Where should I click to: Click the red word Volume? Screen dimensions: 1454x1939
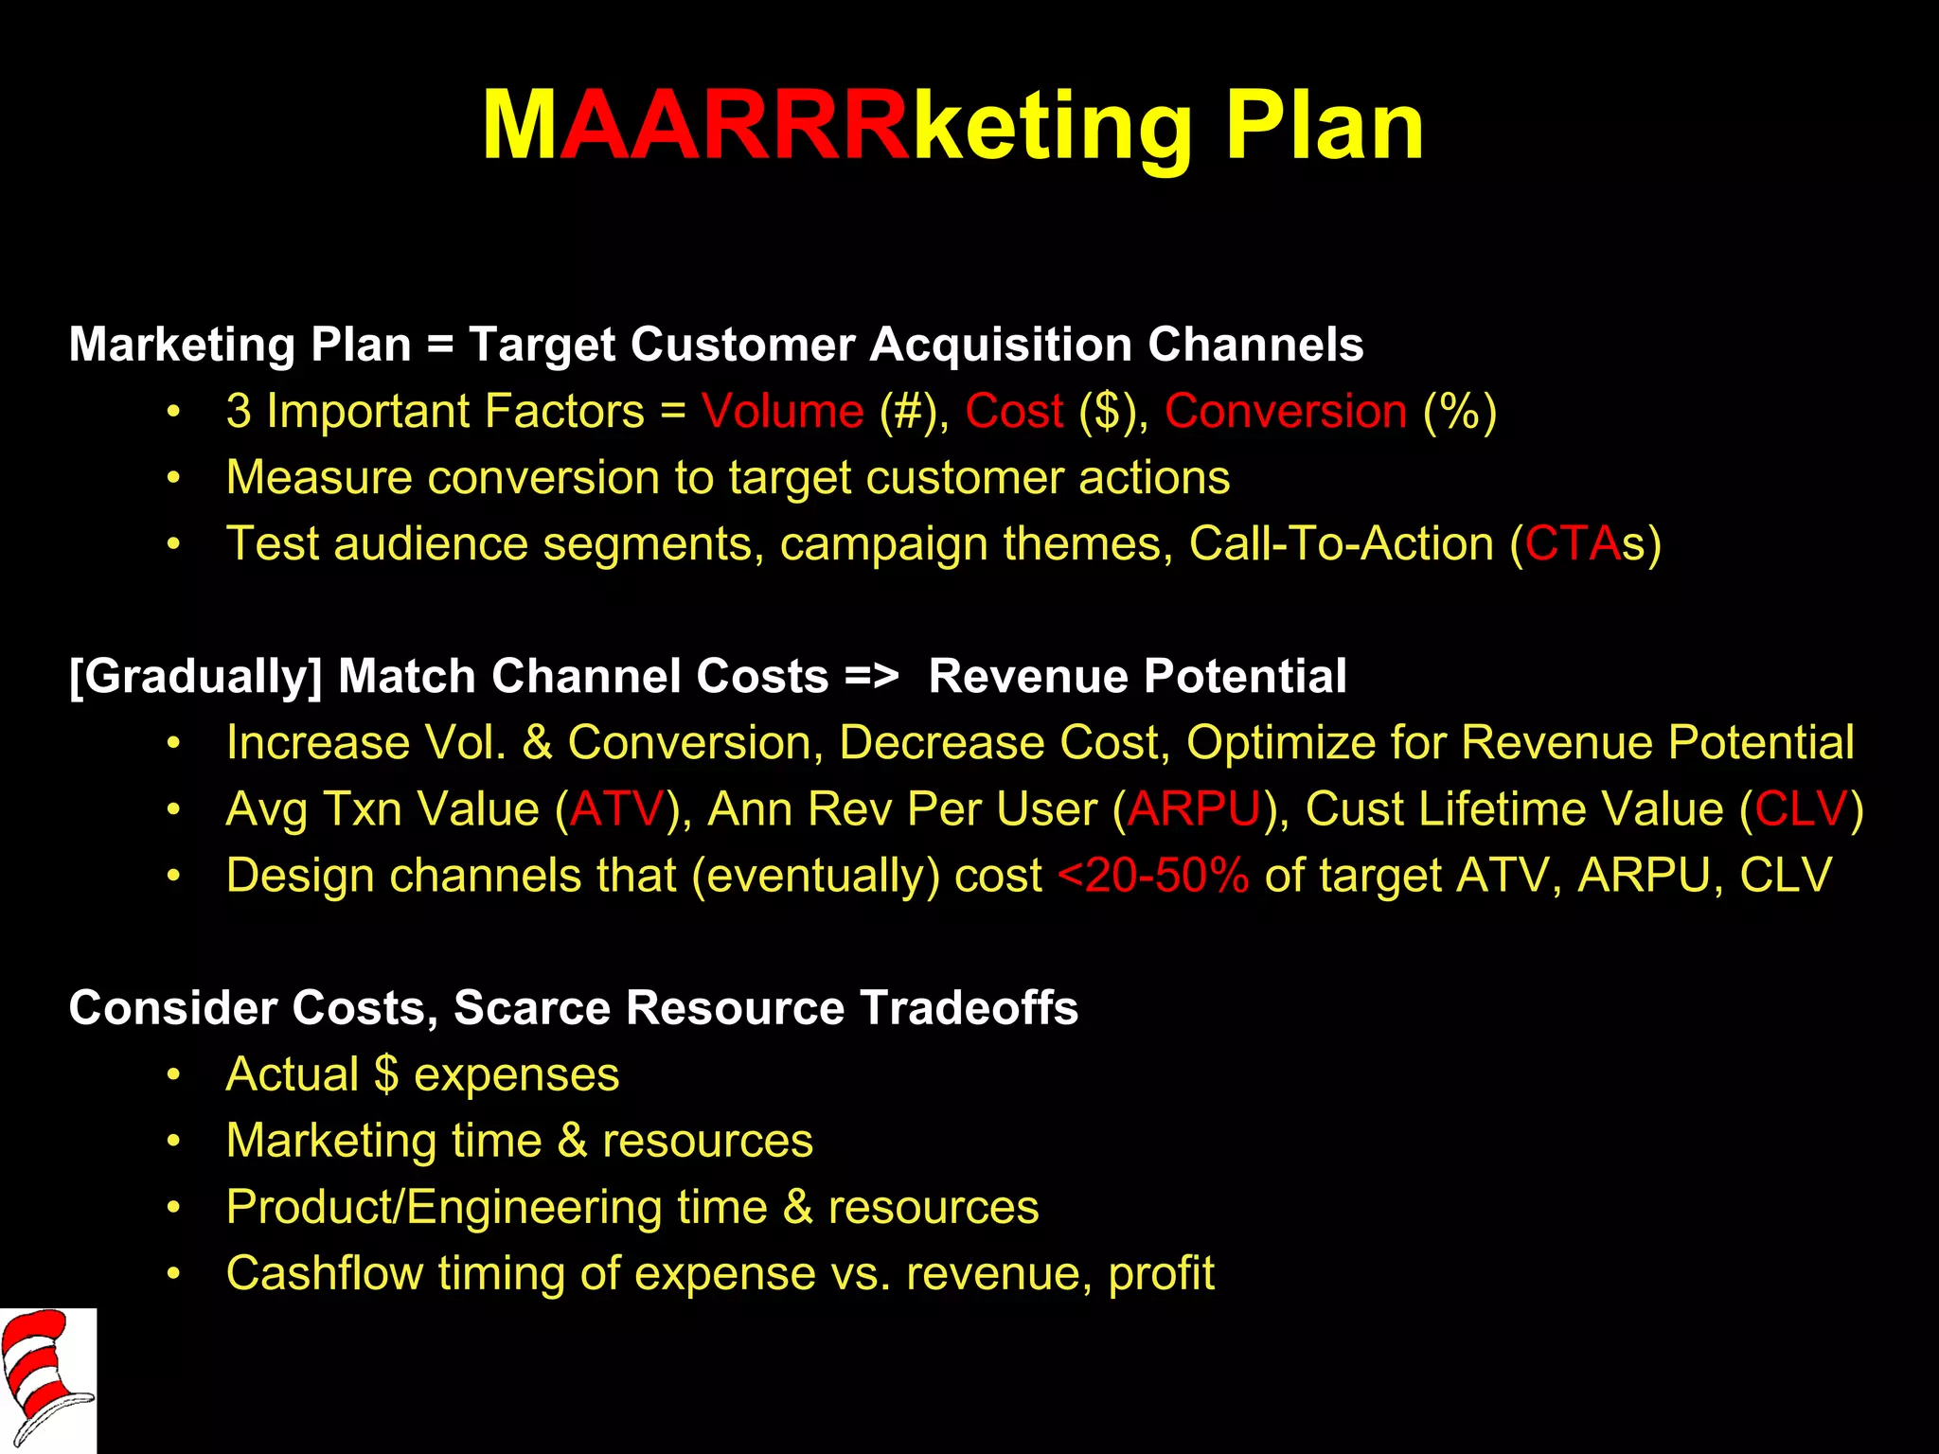coord(782,411)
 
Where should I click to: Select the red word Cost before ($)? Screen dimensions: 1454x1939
coord(1014,411)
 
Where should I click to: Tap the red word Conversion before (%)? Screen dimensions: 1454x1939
coord(1285,411)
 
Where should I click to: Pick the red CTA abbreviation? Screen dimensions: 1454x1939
coord(1572,543)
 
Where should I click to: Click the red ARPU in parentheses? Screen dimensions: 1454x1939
coord(1195,809)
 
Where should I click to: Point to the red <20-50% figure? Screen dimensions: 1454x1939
coord(1153,876)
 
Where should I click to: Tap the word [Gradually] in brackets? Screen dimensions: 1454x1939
coord(195,676)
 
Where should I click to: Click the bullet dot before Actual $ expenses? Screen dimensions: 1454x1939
coord(172,1075)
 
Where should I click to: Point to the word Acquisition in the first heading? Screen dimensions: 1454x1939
coord(1000,344)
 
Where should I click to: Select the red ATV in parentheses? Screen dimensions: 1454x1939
coord(617,809)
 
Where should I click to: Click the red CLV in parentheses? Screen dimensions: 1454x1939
coord(1801,809)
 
